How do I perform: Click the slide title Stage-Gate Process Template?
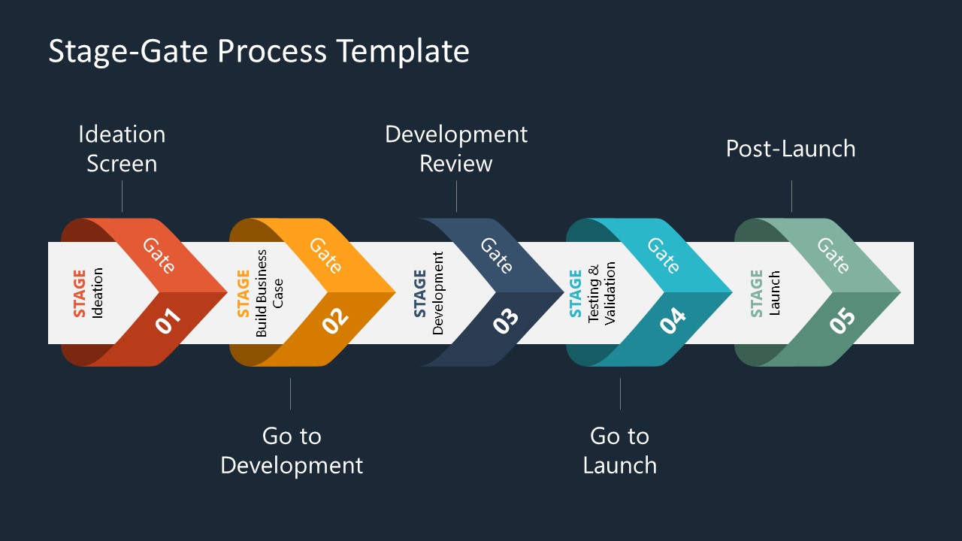pyautogui.click(x=259, y=52)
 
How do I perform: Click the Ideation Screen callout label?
pyautogui.click(x=122, y=149)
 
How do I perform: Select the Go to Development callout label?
pyautogui.click(x=292, y=450)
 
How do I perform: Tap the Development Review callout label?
pyautogui.click(x=456, y=149)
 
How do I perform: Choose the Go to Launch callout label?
pyautogui.click(x=620, y=450)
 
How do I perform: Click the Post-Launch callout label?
pyautogui.click(x=791, y=149)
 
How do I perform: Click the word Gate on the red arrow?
pyautogui.click(x=159, y=255)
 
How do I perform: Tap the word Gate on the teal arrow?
pyautogui.click(x=664, y=255)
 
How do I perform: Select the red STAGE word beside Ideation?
pyautogui.click(x=80, y=293)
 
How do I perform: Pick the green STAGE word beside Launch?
pyautogui.click(x=757, y=293)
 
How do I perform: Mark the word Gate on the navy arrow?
pyautogui.click(x=496, y=255)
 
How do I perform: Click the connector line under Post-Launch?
pyautogui.click(x=791, y=196)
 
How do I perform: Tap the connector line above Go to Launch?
pyautogui.click(x=620, y=394)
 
